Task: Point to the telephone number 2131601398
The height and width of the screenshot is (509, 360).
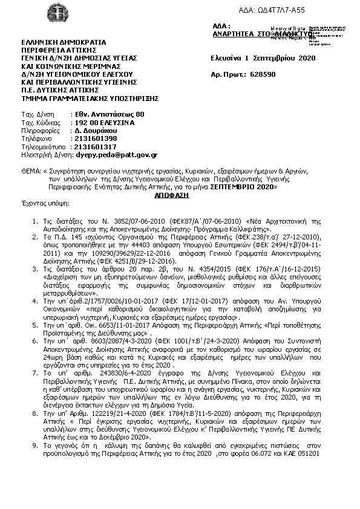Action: [x=94, y=138]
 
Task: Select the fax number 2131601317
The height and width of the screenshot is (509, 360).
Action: [x=94, y=146]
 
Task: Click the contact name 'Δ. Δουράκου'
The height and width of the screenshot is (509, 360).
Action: [x=95, y=130]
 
